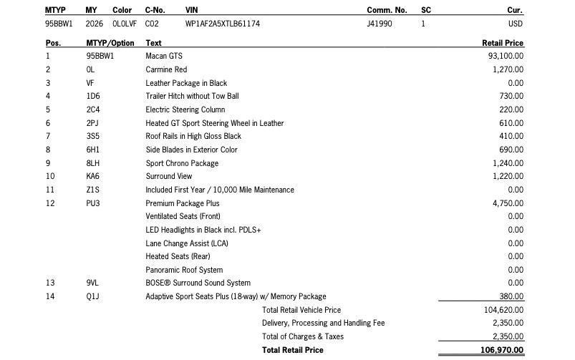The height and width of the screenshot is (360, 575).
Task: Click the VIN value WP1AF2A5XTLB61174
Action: [x=222, y=24]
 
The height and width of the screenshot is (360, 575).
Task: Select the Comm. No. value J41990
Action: [x=380, y=24]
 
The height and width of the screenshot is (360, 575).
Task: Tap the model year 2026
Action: [x=94, y=24]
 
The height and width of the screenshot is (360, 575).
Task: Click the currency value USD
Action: [x=516, y=24]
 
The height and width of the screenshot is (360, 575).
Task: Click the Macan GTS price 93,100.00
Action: [x=506, y=56]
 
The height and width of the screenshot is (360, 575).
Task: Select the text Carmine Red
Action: [x=166, y=69]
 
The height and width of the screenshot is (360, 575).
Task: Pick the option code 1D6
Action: [x=93, y=96]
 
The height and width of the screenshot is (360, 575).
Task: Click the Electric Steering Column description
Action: [x=185, y=110]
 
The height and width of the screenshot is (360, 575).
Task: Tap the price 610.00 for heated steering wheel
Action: [x=511, y=123]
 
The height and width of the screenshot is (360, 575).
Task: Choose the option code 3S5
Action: [x=93, y=136]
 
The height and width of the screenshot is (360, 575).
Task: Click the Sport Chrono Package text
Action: [x=182, y=163]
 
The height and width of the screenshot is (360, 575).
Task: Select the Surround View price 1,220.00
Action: [x=508, y=176]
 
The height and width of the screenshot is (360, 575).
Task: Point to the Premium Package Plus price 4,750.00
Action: [x=508, y=203]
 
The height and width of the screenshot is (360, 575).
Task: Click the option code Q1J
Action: [x=93, y=296]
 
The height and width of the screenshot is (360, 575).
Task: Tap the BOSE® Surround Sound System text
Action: [x=198, y=283]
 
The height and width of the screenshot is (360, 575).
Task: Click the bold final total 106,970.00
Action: [x=503, y=350]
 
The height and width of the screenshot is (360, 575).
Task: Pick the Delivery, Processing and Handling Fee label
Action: [x=323, y=323]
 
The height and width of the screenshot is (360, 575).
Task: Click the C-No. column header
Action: [x=155, y=10]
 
